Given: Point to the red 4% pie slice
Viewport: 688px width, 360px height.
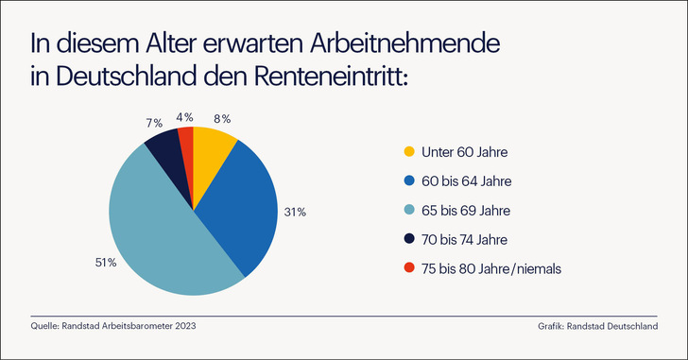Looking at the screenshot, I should (x=186, y=143).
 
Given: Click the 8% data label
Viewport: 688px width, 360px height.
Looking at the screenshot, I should (x=222, y=118).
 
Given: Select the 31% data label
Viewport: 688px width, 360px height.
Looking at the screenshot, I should (x=295, y=212).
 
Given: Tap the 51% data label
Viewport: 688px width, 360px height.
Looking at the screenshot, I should (x=105, y=262).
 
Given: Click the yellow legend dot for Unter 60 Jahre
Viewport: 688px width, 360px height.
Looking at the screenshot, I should (x=408, y=152).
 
